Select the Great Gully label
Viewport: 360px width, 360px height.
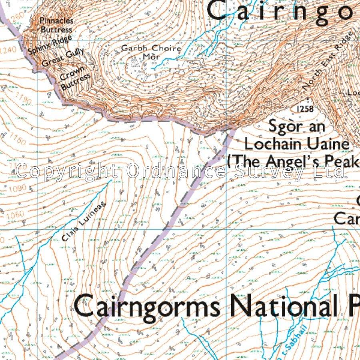click(x=63, y=57)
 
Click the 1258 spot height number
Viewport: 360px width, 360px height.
click(x=305, y=109)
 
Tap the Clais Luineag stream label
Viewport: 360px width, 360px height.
click(x=79, y=227)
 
